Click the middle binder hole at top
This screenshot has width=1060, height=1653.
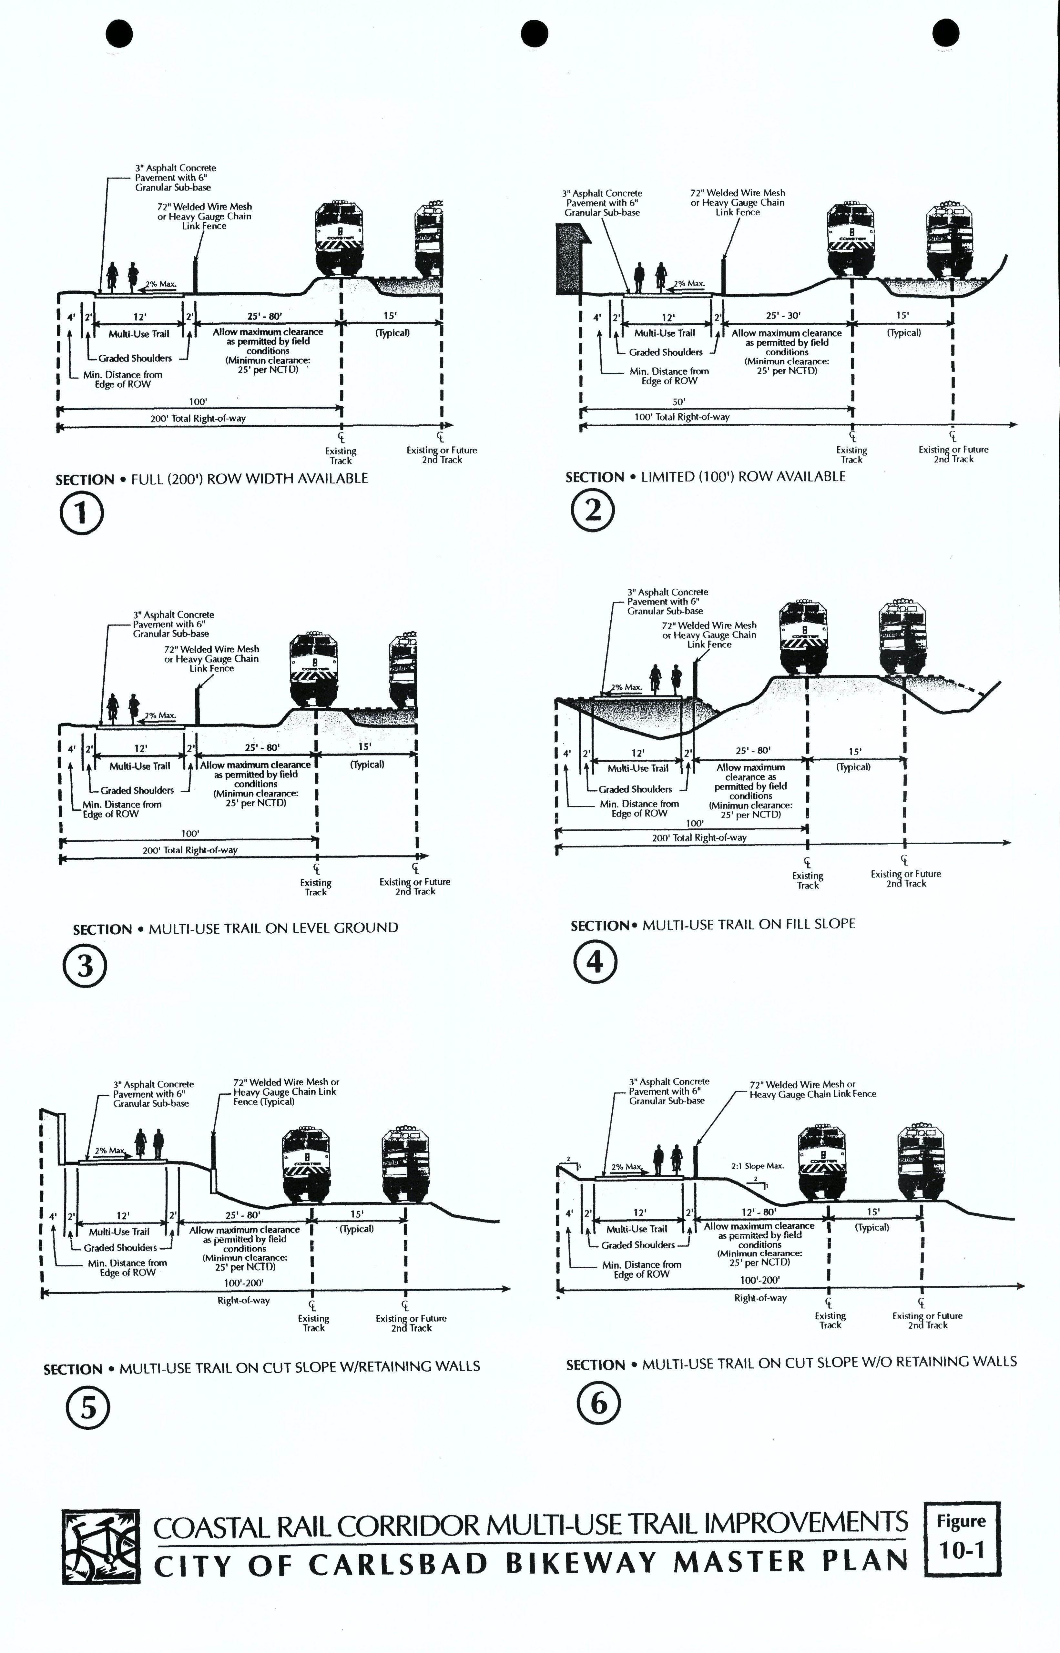click(x=535, y=33)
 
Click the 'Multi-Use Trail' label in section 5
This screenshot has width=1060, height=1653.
click(x=119, y=1232)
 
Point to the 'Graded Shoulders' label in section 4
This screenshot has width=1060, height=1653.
click(x=635, y=789)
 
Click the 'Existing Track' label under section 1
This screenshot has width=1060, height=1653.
click(x=341, y=456)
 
